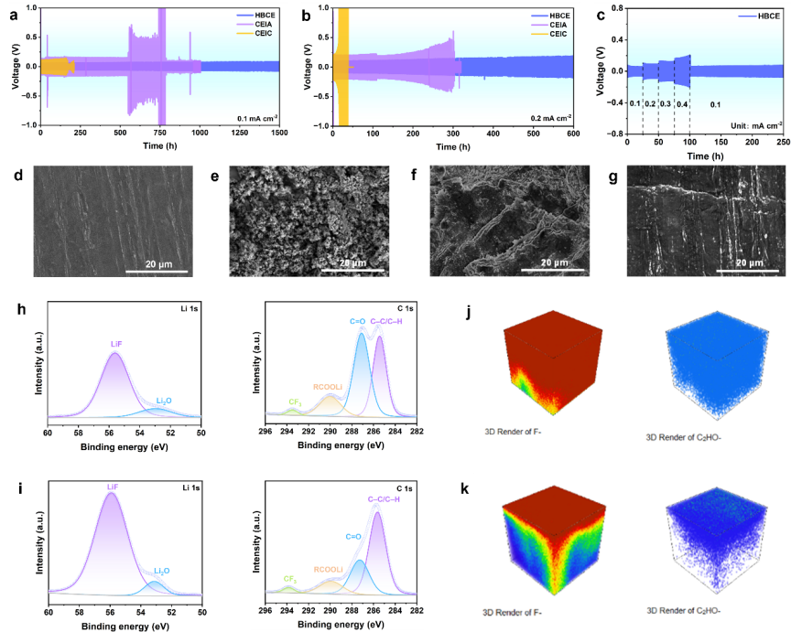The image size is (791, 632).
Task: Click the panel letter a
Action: (x=13, y=14)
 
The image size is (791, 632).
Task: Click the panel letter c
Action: (x=601, y=14)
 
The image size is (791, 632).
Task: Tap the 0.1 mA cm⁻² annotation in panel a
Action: (x=258, y=118)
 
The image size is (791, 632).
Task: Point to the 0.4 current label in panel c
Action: (x=681, y=103)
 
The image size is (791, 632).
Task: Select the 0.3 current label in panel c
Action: (x=666, y=103)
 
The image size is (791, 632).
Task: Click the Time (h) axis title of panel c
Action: (x=705, y=156)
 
